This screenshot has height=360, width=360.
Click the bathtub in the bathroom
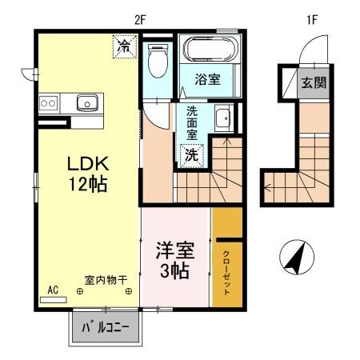(209, 50)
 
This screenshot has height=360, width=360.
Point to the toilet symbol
(157, 60)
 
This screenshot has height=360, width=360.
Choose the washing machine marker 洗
(193, 154)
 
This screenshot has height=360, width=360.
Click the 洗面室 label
(192, 125)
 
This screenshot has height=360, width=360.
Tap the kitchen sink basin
(86, 102)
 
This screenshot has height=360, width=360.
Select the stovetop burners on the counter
(47, 102)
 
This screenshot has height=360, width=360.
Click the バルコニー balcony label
(105, 326)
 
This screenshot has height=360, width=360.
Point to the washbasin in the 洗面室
(222, 120)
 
